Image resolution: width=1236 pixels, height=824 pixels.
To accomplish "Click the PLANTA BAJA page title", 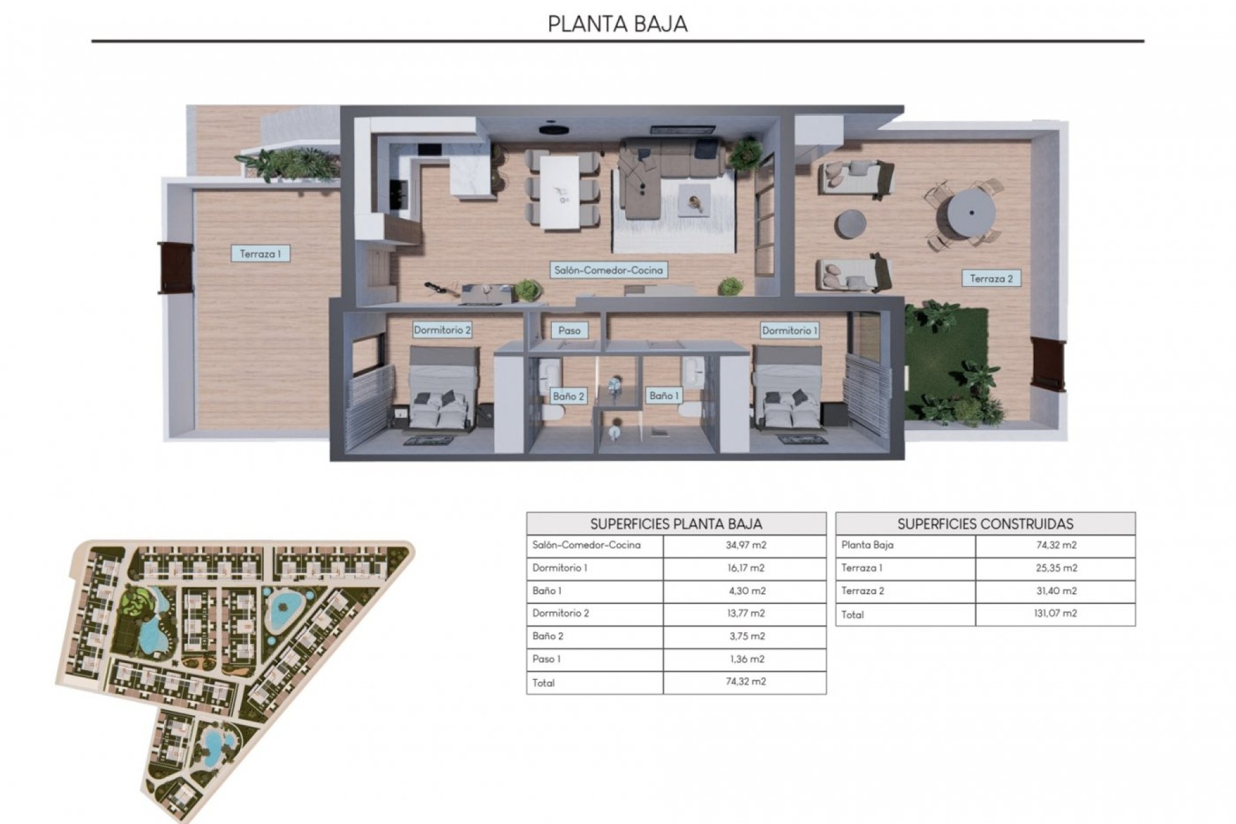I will pos(617,24).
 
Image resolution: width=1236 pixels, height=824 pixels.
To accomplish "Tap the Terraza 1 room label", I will pos(260,254).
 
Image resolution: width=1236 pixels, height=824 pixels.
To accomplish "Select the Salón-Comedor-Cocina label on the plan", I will pos(608,270).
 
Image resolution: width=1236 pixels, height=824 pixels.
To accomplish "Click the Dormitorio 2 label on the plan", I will pos(442,330).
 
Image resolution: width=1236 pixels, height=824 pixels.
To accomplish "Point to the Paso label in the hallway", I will pos(569,330).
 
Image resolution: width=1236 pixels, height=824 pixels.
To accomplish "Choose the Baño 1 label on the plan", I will pos(664,395).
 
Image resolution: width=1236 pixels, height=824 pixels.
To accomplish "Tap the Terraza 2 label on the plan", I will pos(991,279).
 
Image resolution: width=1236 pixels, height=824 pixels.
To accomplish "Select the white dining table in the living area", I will pos(559,192).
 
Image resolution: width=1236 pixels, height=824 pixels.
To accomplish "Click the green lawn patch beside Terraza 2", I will pos(946,360).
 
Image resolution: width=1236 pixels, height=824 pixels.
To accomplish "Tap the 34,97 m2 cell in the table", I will pos(745,545).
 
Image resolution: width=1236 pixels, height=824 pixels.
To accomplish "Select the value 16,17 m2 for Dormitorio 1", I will pos(745,568).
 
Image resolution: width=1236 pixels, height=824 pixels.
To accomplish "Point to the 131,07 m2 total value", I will pos(1055,613).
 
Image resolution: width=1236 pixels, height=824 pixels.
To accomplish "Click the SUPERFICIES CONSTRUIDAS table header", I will pos(985,523).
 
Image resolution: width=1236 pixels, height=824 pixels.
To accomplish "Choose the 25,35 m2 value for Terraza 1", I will pos(1055,568).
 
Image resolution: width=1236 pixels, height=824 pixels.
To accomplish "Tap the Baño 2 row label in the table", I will pos(548,636).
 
